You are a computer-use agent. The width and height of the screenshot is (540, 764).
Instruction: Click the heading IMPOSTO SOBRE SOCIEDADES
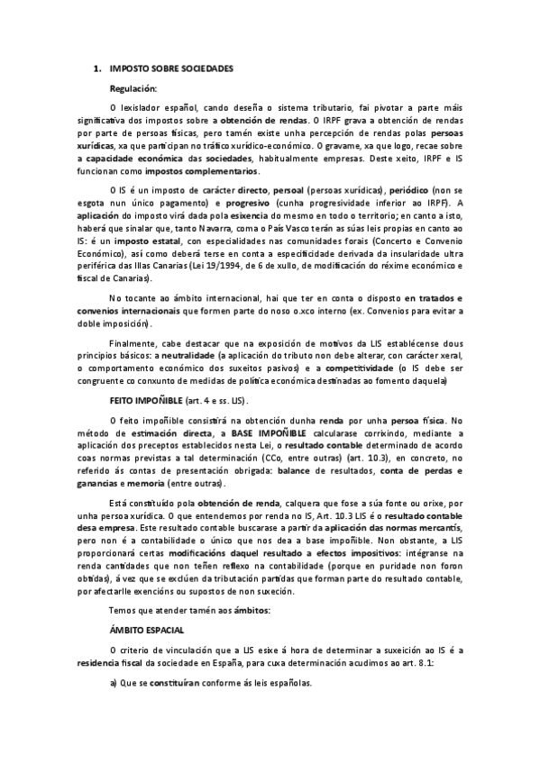[171, 68]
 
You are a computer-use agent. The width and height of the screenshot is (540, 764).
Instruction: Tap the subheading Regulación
[133, 88]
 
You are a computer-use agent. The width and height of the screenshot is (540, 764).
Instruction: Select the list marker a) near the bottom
[114, 683]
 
